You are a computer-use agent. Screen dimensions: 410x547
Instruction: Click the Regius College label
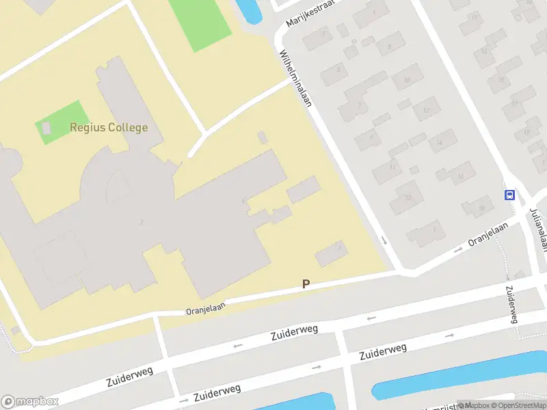[109, 128]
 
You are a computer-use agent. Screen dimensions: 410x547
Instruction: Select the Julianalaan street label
[539, 229]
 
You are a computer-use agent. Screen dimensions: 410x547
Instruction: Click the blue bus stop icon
[509, 195]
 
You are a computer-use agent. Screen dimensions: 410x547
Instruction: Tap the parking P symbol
[306, 284]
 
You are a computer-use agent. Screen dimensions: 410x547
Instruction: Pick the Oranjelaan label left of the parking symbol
[205, 309]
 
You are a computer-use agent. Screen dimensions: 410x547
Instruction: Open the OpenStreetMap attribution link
[518, 405]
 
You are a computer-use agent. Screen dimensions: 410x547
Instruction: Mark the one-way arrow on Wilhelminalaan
[384, 240]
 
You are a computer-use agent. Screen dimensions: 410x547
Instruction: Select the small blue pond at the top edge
[249, 10]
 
